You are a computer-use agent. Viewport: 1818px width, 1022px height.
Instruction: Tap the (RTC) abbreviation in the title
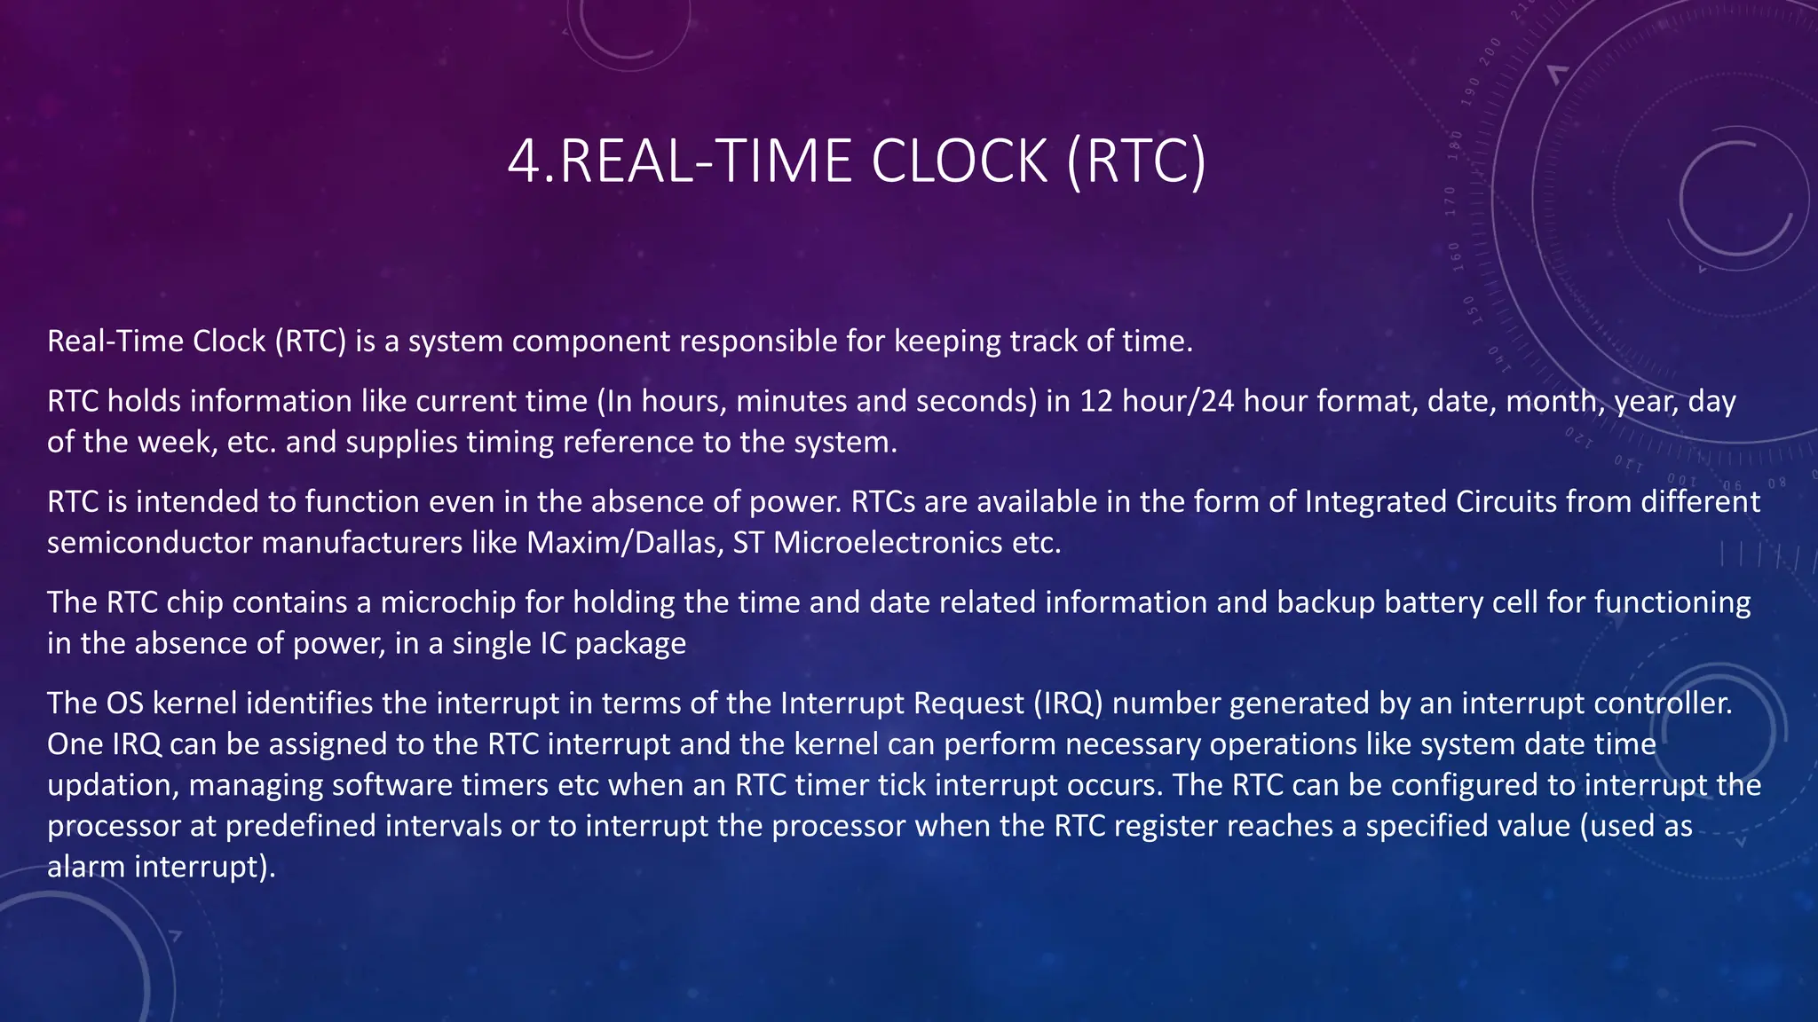pos(1136,161)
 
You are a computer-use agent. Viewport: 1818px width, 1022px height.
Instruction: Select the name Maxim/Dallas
pos(622,542)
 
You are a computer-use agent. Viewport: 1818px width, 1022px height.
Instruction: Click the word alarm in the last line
pos(87,867)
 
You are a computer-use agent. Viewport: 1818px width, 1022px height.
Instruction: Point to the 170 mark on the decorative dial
pos(1450,200)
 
